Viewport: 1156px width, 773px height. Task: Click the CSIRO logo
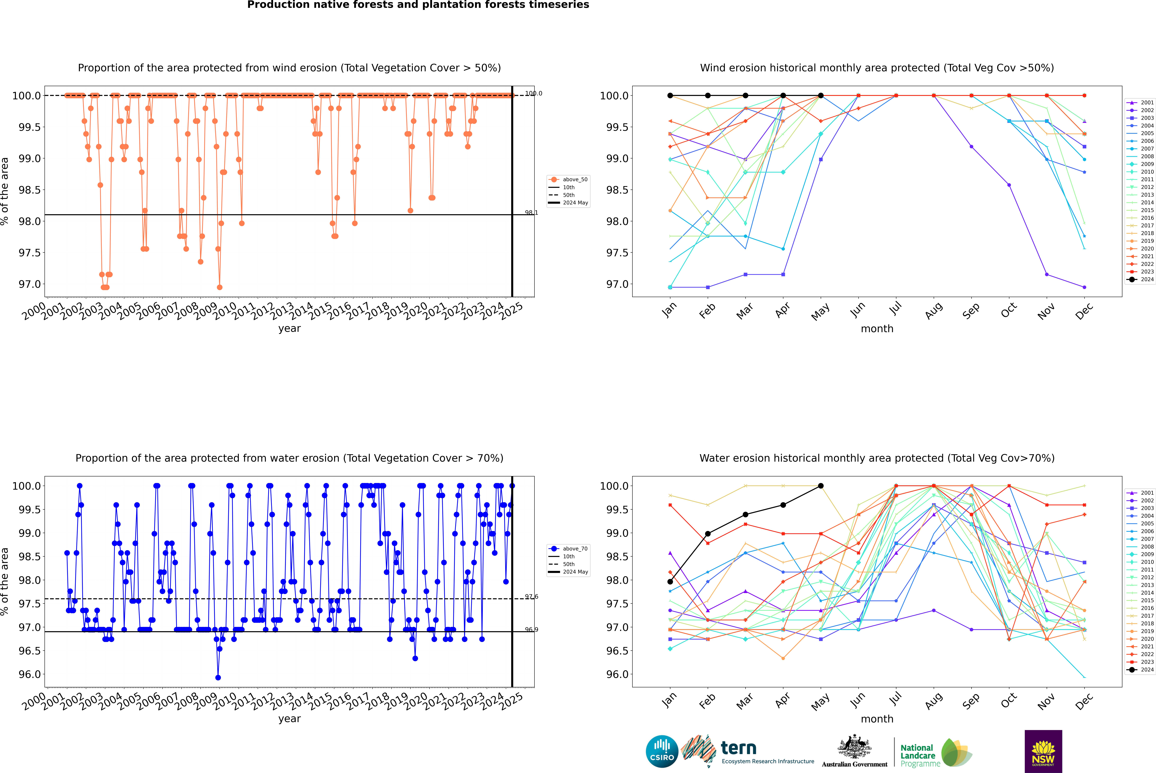[662, 751]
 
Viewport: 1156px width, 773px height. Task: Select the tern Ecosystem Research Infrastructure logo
[749, 751]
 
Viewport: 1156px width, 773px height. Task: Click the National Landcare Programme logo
[935, 753]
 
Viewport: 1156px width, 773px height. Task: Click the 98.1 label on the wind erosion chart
[531, 213]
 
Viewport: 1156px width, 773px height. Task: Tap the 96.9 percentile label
[531, 629]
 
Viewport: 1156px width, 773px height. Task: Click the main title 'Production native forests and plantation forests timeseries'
[418, 5]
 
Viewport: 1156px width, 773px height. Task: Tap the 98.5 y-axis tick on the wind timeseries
[30, 190]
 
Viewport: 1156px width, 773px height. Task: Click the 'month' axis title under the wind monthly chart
[877, 329]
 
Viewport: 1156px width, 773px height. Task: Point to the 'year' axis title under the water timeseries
[289, 719]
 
